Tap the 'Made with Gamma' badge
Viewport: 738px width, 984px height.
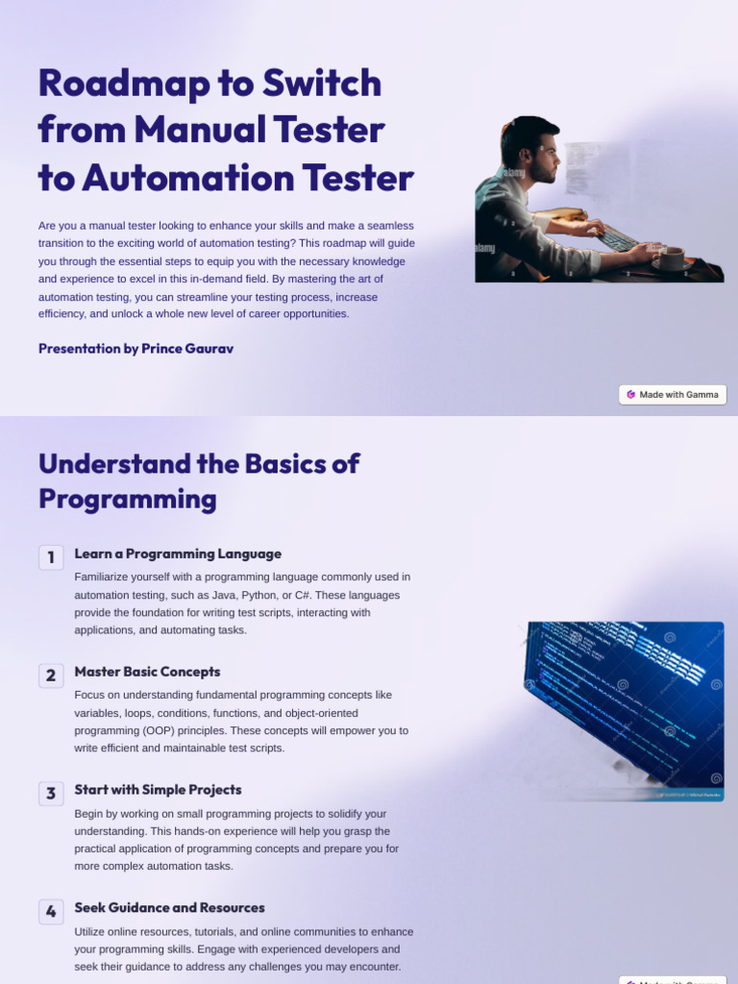point(673,395)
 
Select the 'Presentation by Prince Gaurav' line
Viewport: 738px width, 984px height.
point(135,349)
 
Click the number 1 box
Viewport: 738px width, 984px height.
point(51,557)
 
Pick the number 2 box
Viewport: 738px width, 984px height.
point(51,676)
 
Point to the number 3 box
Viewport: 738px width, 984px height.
point(51,794)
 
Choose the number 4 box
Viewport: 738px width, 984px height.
point(51,912)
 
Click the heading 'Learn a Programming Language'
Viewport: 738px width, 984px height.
point(178,554)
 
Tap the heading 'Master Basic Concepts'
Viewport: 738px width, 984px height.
point(147,673)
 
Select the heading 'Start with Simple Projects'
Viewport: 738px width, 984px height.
point(158,790)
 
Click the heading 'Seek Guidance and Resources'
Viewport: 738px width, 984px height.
point(169,908)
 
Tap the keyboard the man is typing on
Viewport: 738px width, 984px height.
point(616,238)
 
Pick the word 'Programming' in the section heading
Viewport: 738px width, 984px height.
point(127,500)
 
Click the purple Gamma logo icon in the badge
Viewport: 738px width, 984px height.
point(630,395)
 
